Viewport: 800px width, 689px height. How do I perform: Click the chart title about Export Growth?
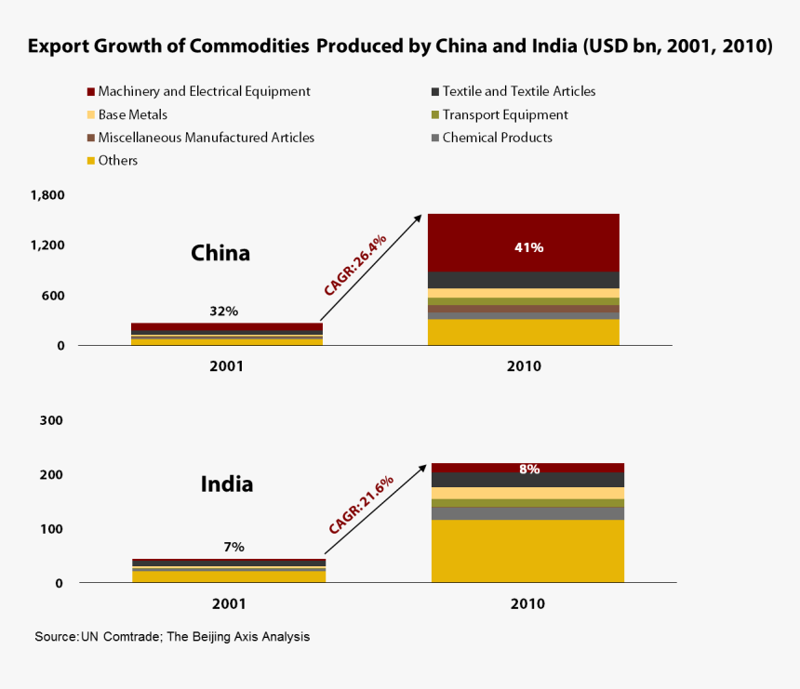point(400,46)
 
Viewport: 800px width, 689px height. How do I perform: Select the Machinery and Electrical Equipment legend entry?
point(204,91)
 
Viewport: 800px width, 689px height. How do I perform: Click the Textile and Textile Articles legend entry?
point(518,91)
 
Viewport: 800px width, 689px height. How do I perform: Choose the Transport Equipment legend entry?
point(504,114)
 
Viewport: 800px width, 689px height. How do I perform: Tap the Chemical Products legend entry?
point(497,138)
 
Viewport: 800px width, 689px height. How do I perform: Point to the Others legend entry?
point(117,161)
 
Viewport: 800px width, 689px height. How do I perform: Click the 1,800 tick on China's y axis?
point(47,195)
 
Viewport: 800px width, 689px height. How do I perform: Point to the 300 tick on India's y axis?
point(52,420)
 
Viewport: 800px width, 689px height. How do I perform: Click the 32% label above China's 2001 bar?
point(223,311)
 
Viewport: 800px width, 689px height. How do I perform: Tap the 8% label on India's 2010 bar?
point(529,470)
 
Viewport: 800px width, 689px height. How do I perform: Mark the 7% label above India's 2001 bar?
point(233,548)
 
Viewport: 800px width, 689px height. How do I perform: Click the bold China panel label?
point(220,253)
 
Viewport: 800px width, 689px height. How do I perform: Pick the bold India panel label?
point(227,484)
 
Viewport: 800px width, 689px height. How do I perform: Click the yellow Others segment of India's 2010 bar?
point(527,550)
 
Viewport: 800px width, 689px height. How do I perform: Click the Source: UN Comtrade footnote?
point(172,637)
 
